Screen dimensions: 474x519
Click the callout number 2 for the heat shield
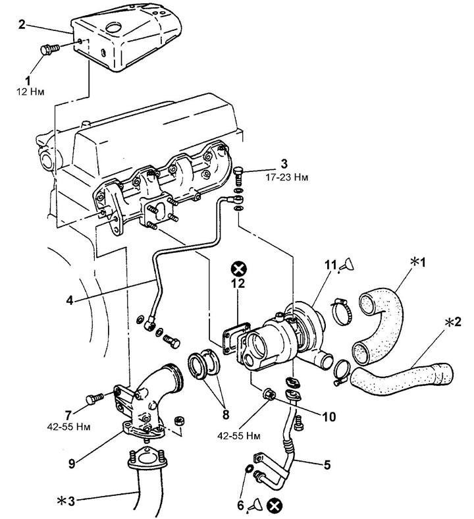click(x=22, y=24)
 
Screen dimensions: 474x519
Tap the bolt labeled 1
click(x=49, y=49)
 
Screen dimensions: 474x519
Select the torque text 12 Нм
click(x=30, y=92)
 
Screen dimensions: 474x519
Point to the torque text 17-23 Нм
click(x=286, y=177)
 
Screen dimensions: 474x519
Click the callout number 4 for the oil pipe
click(x=70, y=300)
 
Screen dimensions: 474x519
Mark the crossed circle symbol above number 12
click(x=238, y=269)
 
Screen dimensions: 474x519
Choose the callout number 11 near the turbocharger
click(x=330, y=265)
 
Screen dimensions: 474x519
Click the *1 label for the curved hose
click(x=418, y=262)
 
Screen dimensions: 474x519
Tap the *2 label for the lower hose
click(x=452, y=321)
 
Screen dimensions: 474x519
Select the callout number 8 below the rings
click(x=226, y=414)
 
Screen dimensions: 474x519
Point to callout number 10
click(x=329, y=417)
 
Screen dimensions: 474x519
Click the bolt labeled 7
click(x=95, y=398)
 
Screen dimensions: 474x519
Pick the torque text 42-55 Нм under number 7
click(x=69, y=427)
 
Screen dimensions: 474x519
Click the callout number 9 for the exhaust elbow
click(x=72, y=464)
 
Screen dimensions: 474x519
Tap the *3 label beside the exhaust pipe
click(x=66, y=501)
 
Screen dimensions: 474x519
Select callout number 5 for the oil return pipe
click(x=327, y=465)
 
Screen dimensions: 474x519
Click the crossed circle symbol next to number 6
click(x=275, y=505)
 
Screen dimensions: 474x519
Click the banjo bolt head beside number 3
click(x=238, y=171)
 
